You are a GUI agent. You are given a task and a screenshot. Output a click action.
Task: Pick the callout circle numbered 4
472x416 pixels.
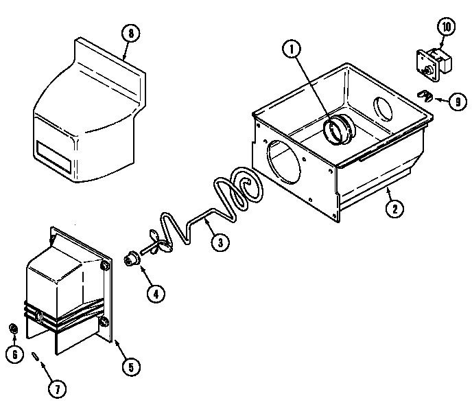click(x=155, y=294)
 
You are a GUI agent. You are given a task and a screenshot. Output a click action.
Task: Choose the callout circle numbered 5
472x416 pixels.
click(x=130, y=366)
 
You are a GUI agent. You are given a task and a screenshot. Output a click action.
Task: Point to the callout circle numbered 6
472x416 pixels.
click(x=12, y=355)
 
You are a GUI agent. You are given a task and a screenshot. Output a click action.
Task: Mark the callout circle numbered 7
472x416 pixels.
click(x=57, y=389)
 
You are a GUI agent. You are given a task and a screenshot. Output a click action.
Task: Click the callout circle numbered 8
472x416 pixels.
click(x=128, y=32)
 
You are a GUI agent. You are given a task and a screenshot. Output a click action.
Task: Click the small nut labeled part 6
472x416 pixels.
click(x=13, y=327)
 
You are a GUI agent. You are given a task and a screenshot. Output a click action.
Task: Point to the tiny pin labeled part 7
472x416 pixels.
click(x=35, y=356)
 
